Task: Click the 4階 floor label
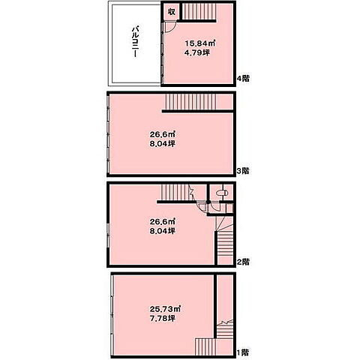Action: (243, 79)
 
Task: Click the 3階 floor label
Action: (243, 171)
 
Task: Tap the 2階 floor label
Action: (243, 262)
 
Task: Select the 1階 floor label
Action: (243, 352)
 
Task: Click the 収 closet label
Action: (172, 12)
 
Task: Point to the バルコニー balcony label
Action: (135, 42)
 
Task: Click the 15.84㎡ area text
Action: (200, 43)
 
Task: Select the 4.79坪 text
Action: (197, 52)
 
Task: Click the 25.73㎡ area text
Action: (165, 309)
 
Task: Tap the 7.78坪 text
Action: (163, 319)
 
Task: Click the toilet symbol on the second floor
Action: (222, 193)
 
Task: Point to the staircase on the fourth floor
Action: (199, 11)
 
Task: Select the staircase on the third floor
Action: (191, 102)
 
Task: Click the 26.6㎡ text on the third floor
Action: (163, 134)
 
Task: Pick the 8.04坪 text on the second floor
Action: (163, 231)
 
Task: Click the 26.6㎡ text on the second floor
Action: (163, 221)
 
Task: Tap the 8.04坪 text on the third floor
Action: (163, 144)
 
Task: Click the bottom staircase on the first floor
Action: (205, 346)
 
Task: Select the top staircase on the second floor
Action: (174, 193)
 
